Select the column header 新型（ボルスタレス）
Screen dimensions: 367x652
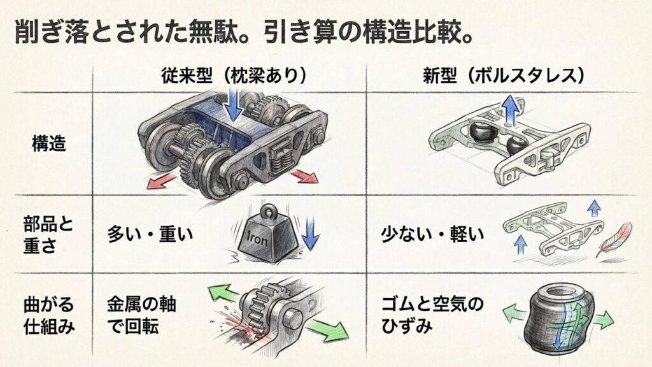click(x=504, y=76)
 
